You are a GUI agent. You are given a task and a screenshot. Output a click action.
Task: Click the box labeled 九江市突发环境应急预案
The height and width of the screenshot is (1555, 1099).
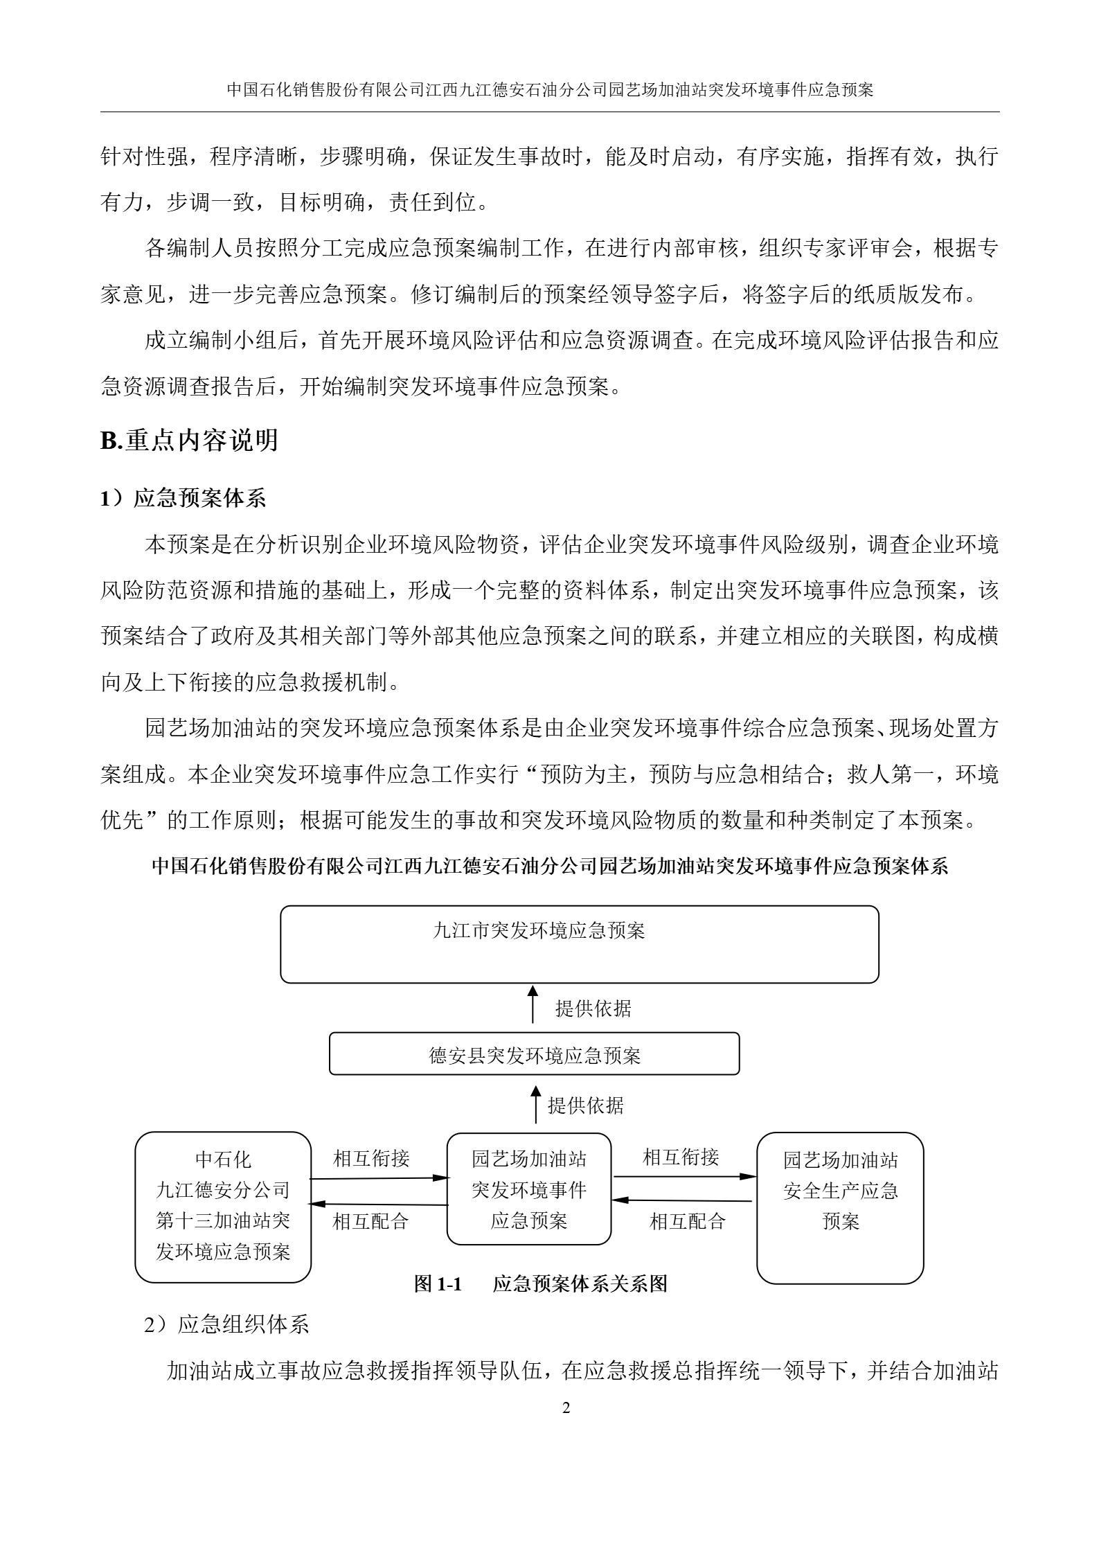coord(579,943)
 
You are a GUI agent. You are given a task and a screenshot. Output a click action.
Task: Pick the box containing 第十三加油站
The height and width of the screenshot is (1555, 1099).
coord(222,1207)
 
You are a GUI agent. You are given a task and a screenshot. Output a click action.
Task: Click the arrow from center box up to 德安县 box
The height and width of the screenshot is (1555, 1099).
coord(535,1105)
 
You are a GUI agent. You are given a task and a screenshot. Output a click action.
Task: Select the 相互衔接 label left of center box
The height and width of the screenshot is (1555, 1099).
coord(371,1157)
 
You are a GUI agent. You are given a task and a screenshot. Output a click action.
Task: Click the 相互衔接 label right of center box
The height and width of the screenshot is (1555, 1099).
coord(681,1157)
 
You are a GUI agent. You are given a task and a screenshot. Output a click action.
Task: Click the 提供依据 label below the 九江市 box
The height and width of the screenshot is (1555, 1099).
coord(593,1008)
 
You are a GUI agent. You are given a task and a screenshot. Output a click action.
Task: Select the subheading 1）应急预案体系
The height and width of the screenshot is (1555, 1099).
coord(183,499)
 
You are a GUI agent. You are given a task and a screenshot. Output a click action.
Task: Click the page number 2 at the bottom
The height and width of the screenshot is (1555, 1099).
coord(566,1408)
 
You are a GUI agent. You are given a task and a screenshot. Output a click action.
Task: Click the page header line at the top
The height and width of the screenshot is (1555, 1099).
coord(550,90)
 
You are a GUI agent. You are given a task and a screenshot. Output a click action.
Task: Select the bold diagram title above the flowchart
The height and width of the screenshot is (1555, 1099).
coord(550,867)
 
